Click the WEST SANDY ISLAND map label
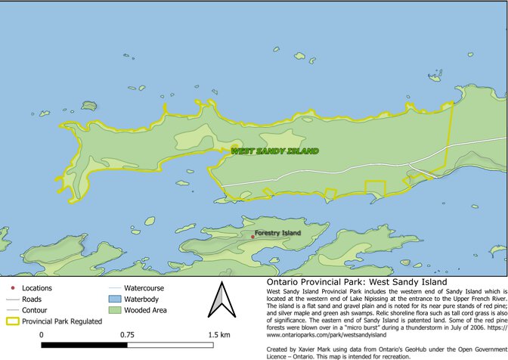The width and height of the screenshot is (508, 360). point(274,151)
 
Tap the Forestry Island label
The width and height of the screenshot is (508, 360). point(278,233)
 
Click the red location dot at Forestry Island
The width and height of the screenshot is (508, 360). point(252,237)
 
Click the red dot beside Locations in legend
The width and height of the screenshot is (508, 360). point(13,288)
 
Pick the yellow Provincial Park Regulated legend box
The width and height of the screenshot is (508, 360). point(13,321)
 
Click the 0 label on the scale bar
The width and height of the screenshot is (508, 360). point(41,334)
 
